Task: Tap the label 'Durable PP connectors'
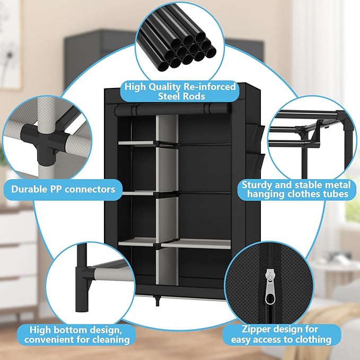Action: pyautogui.click(x=63, y=188)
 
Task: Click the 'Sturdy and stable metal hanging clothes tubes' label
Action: pyautogui.click(x=296, y=189)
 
